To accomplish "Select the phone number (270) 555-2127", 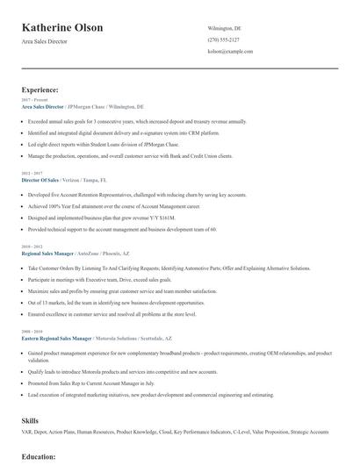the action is point(223,39).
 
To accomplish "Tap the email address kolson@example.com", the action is point(230,52).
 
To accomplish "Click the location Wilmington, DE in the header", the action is point(224,28).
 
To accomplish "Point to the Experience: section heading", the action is point(40,89).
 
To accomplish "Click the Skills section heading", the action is point(31,421).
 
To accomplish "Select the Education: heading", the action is point(39,457).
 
